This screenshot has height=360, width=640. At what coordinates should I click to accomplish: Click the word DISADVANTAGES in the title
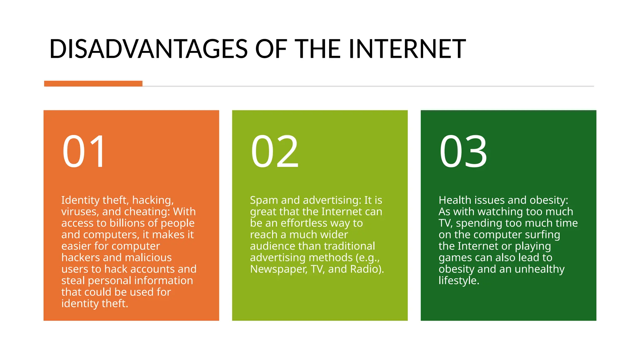(149, 49)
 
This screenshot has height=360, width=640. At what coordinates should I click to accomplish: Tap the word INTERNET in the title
(407, 49)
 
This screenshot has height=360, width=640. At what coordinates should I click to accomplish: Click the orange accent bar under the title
(93, 83)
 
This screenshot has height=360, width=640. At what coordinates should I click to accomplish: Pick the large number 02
(275, 151)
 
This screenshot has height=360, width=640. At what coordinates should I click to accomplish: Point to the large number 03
(463, 151)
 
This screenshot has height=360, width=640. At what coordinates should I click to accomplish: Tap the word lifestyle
(458, 281)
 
